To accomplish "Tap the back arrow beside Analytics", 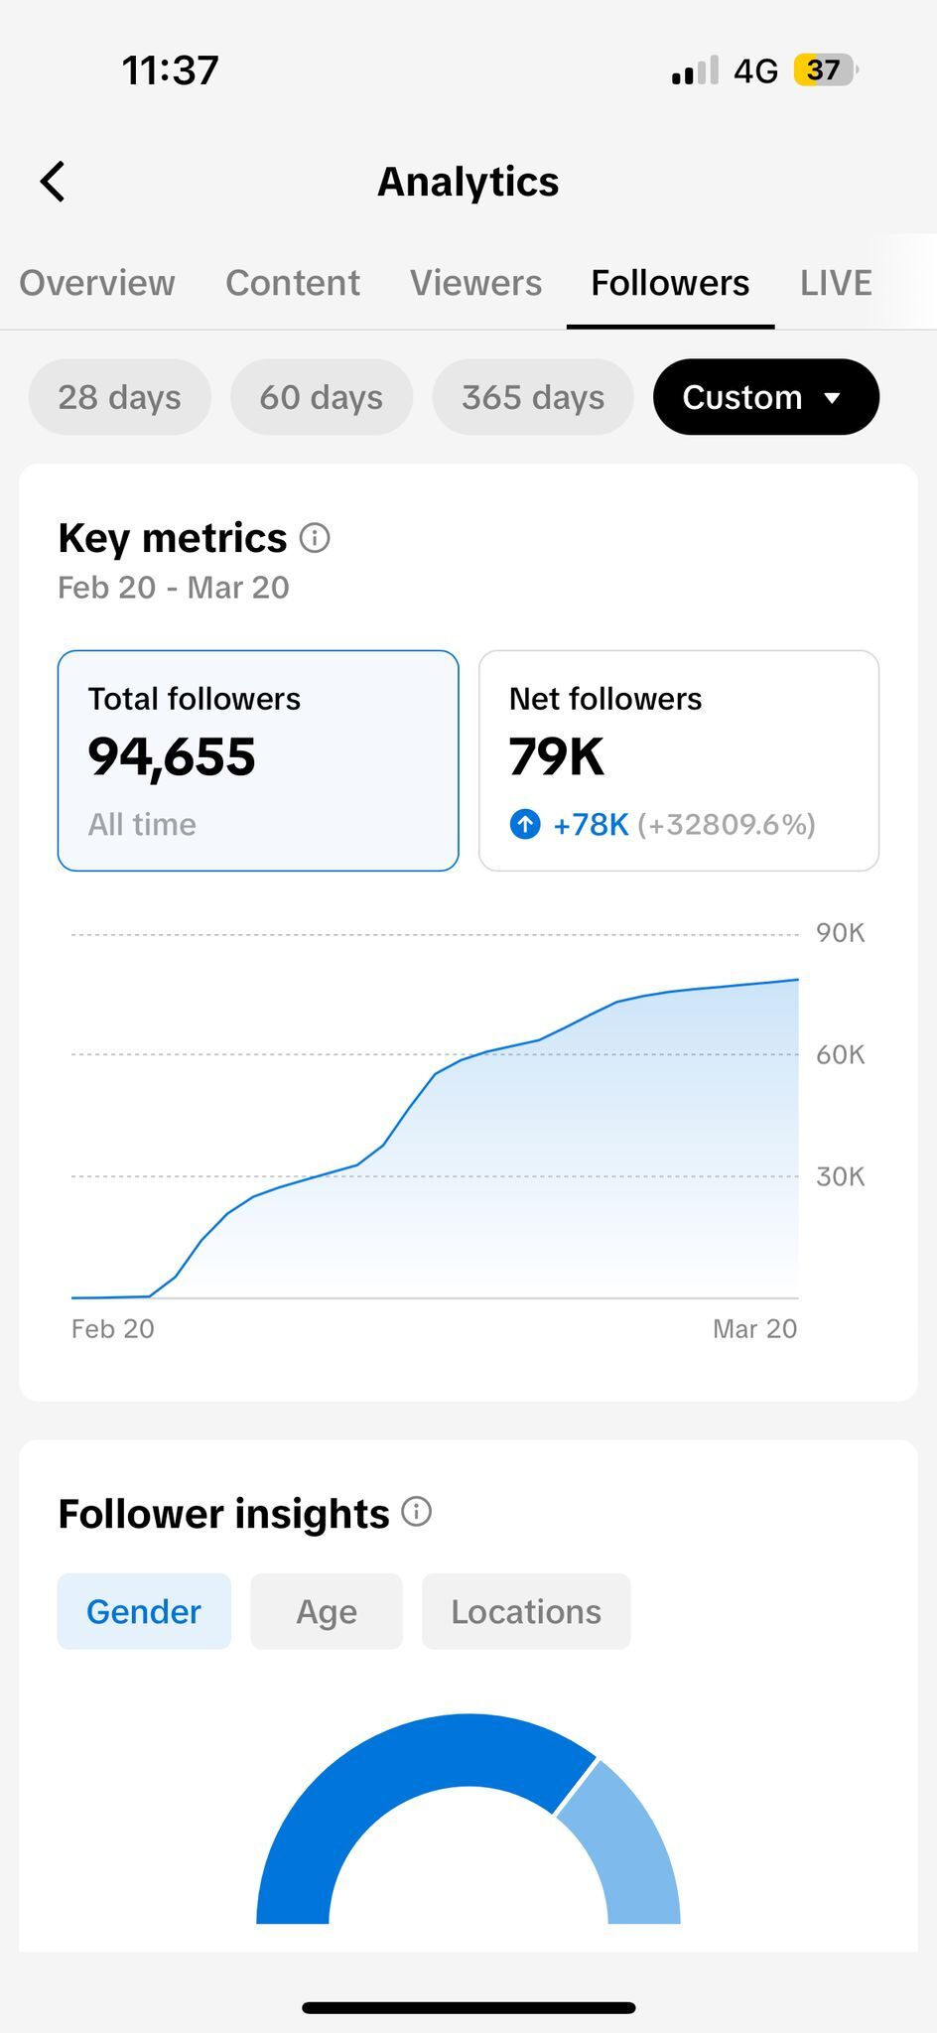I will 53,182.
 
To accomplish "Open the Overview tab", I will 97,283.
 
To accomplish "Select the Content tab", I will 293,283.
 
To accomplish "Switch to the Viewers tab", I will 476,283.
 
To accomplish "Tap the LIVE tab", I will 836,283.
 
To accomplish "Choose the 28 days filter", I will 120,397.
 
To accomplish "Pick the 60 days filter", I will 322,397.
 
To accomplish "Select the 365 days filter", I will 533,397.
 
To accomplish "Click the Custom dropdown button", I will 765,397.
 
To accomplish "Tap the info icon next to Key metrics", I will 315,538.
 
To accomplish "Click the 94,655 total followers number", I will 172,757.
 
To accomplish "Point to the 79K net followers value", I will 557,757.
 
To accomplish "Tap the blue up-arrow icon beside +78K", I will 525,824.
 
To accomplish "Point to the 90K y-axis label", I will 840,933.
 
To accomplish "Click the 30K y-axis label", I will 840,1176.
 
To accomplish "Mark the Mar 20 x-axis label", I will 754,1329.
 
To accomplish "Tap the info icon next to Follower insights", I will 417,1512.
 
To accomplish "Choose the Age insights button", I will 327,1611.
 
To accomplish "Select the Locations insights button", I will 526,1611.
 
